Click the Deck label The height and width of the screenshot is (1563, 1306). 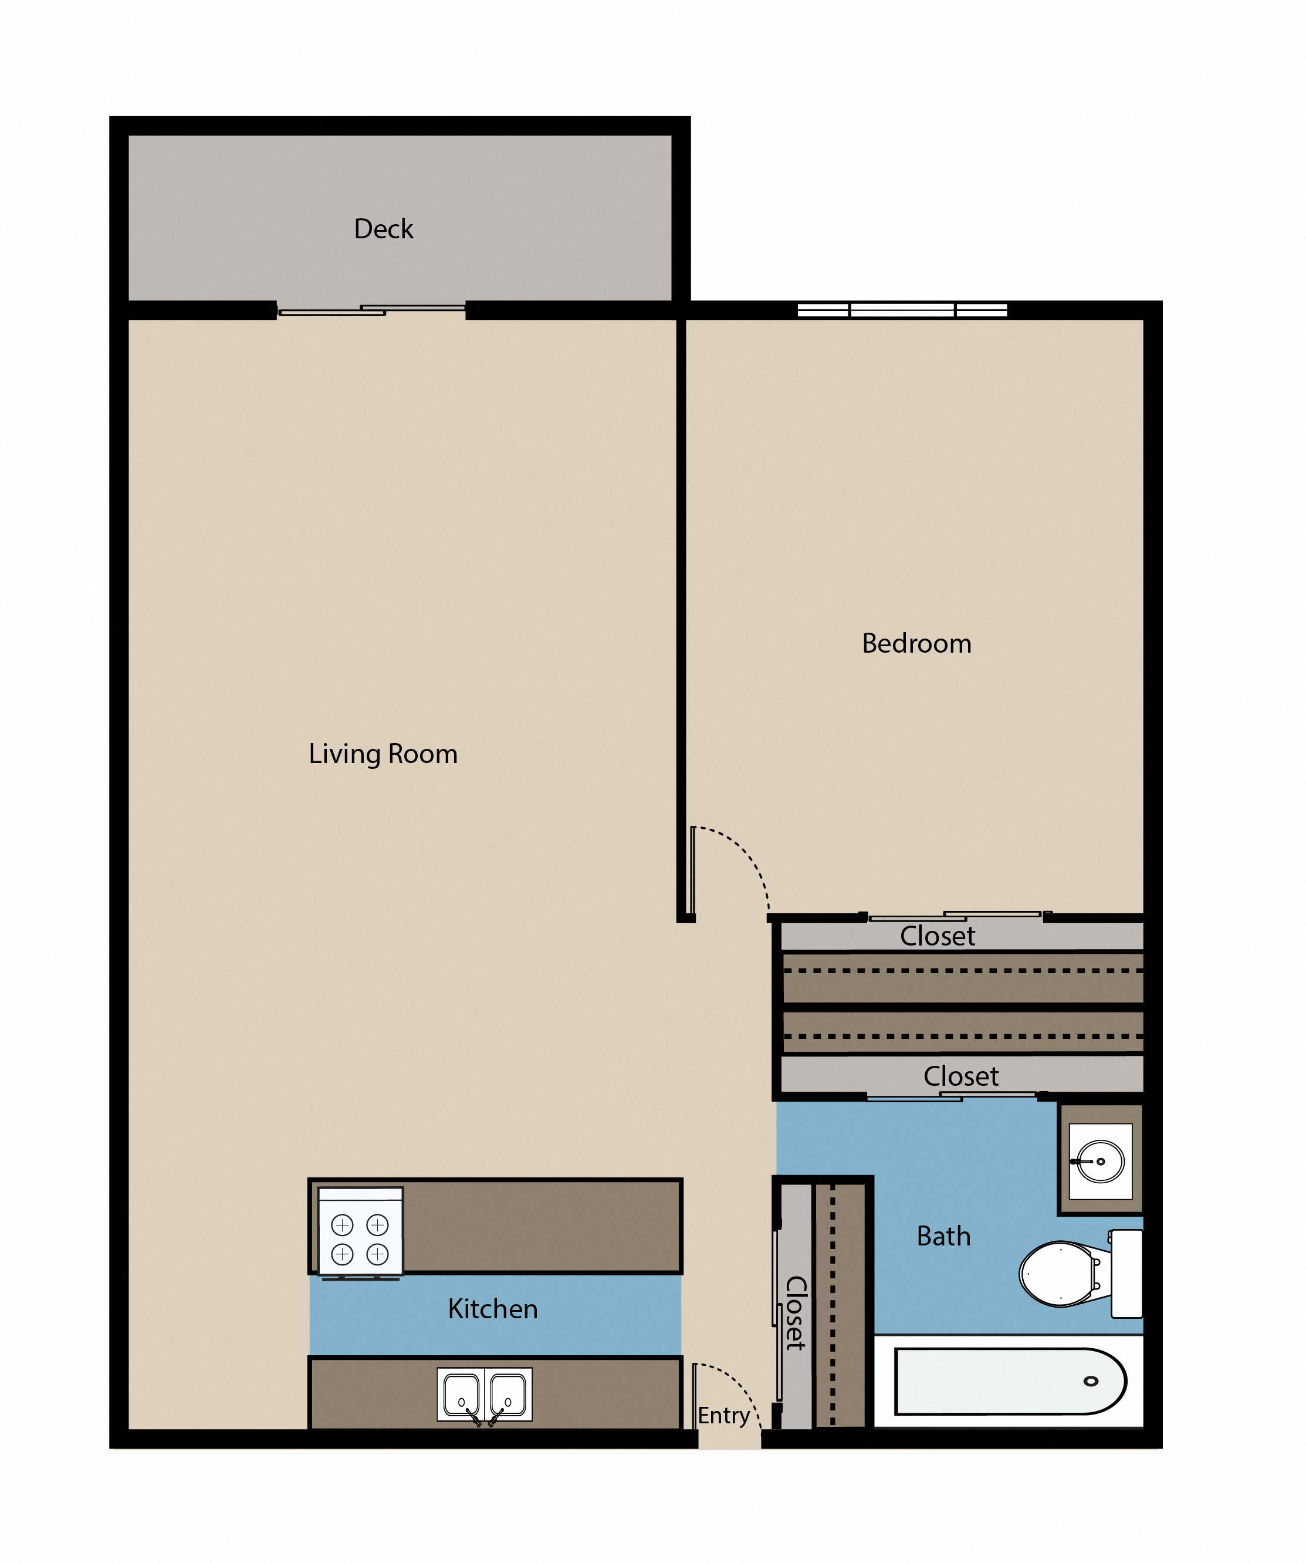383,228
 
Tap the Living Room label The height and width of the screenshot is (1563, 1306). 383,754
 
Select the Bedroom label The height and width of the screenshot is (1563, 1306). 917,643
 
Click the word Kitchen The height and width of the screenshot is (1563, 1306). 493,1308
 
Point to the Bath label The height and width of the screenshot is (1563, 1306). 943,1235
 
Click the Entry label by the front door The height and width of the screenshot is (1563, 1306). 723,1416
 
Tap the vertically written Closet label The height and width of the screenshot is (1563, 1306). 796,1313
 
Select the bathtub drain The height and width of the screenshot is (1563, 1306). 1091,1382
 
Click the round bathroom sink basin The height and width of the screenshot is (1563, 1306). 1101,1161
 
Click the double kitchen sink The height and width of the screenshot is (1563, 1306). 485,1394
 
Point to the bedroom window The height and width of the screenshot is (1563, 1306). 902,310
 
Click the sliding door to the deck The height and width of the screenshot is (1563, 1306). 371,310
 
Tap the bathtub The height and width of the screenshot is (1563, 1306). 1009,1382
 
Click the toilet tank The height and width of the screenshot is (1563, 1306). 1126,1274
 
